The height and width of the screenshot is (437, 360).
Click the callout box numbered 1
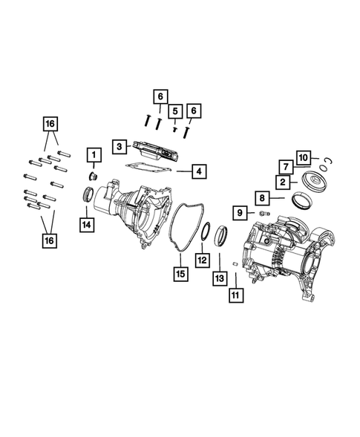point(94,155)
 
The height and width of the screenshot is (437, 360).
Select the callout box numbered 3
point(120,147)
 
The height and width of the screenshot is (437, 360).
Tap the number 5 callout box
point(175,111)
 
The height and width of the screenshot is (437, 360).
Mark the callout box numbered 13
point(220,277)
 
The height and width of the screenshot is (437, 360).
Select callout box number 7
point(284,166)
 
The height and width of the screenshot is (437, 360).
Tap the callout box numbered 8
point(263,198)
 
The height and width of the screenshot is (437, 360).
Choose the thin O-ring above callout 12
point(202,231)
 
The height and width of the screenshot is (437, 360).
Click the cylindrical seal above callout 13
point(221,239)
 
